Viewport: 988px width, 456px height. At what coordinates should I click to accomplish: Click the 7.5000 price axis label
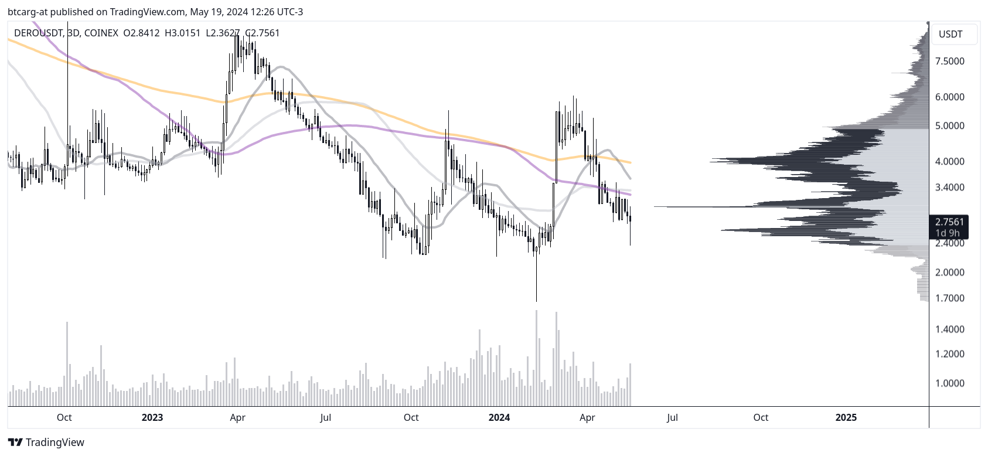[x=949, y=62]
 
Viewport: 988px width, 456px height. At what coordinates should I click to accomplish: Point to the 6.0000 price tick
[x=949, y=97]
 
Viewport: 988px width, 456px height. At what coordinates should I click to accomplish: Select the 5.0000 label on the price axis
[x=949, y=126]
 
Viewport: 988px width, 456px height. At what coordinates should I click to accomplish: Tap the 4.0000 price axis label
[x=949, y=162]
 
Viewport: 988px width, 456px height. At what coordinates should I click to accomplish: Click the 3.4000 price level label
[x=949, y=188]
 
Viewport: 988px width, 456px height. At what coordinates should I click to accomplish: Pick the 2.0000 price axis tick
[x=949, y=273]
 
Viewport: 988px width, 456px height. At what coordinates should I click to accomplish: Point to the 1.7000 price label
[x=949, y=298]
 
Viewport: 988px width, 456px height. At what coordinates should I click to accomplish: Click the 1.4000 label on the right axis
[x=949, y=329]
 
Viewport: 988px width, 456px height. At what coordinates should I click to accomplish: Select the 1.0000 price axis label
[x=949, y=383]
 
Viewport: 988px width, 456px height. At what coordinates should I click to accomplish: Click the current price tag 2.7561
[x=949, y=222]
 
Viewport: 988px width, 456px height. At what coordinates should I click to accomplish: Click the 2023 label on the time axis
[x=152, y=417]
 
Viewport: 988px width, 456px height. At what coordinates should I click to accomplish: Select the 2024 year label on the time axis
[x=499, y=417]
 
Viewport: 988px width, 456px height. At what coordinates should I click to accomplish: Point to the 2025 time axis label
[x=846, y=417]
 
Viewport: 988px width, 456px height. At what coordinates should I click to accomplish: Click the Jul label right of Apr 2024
[x=672, y=417]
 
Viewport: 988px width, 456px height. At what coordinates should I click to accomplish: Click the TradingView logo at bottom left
[x=46, y=443]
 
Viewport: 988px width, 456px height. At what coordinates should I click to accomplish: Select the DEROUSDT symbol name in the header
[x=38, y=33]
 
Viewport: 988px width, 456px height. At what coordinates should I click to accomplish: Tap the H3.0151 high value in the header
[x=182, y=33]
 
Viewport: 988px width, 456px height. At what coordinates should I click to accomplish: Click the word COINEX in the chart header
[x=101, y=33]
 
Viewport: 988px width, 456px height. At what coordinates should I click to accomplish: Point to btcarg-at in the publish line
[x=27, y=12]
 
